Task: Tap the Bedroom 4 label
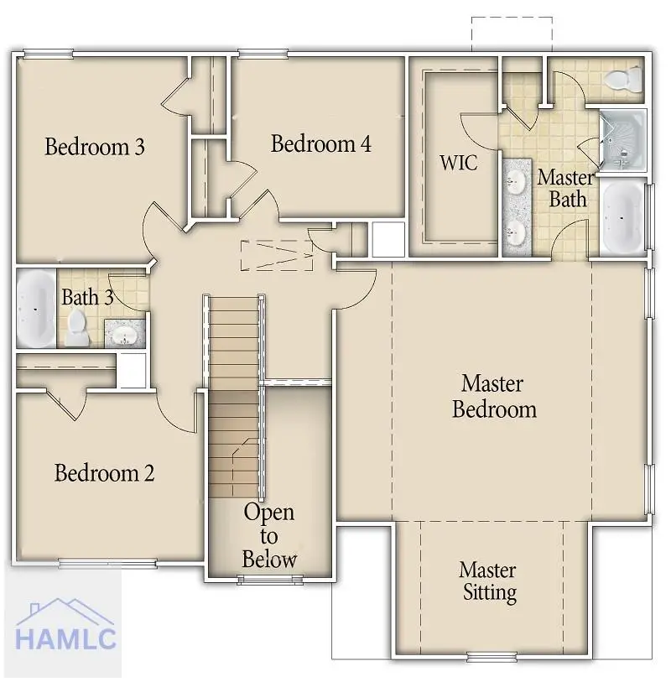point(320,143)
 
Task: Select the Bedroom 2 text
point(104,473)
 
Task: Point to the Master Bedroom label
point(493,397)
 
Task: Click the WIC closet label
point(459,162)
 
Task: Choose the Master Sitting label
point(488,581)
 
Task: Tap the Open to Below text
point(269,535)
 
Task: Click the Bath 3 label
point(87,298)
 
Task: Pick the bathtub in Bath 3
point(35,308)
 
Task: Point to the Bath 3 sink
point(126,335)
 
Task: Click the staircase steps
point(234,394)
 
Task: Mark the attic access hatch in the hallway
point(277,255)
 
